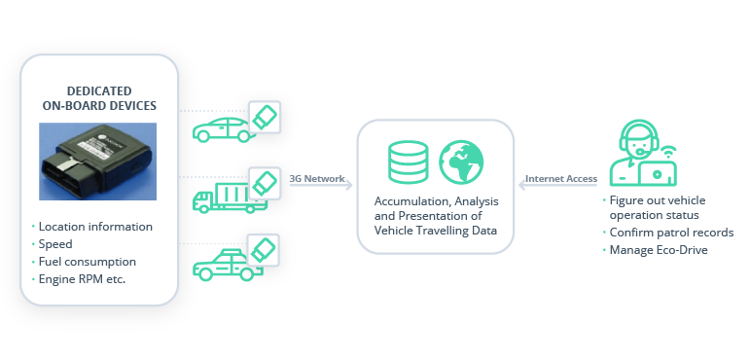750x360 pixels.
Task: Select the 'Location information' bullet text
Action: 94,227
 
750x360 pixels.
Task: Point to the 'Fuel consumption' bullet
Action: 87,262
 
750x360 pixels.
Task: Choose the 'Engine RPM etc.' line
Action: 83,279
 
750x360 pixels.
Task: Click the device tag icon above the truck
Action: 266,182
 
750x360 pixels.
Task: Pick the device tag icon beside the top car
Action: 266,117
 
